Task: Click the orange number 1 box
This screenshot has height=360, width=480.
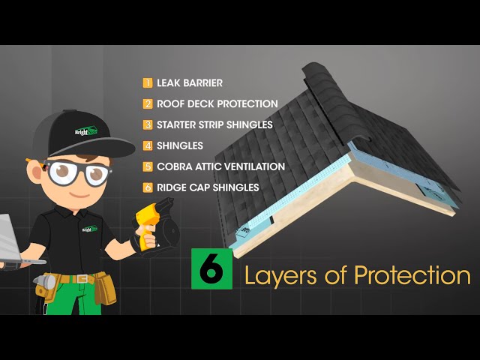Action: point(148,83)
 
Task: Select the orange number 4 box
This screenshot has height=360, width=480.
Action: point(148,145)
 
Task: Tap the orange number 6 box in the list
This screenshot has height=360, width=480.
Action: point(148,187)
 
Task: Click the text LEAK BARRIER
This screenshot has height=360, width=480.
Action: point(190,83)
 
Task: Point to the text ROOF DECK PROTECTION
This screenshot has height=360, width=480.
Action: point(217,103)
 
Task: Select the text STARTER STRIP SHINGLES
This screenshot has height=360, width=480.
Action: point(214,125)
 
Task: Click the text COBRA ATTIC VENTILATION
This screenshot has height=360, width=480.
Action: point(220,166)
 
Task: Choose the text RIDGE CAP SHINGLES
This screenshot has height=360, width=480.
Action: point(208,187)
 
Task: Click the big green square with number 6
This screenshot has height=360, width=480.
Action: point(211,268)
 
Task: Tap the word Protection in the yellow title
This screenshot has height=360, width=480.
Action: point(412,275)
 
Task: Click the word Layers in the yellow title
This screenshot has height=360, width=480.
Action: point(280,277)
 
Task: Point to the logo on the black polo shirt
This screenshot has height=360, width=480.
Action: point(90,229)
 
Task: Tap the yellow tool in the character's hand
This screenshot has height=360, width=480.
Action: point(148,224)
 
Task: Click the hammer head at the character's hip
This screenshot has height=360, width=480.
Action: point(45,281)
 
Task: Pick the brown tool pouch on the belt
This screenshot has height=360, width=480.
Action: point(105,288)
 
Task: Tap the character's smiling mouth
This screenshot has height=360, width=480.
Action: point(79,195)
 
